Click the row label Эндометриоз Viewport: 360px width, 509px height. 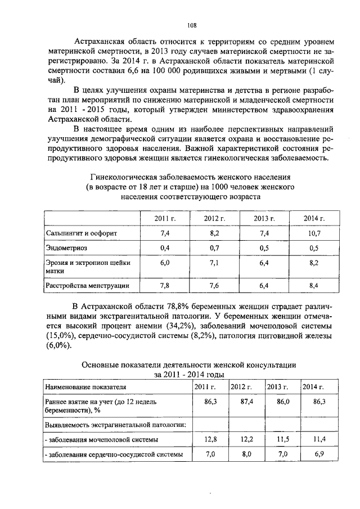click(67, 247)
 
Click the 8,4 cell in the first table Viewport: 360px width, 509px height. click(314, 286)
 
